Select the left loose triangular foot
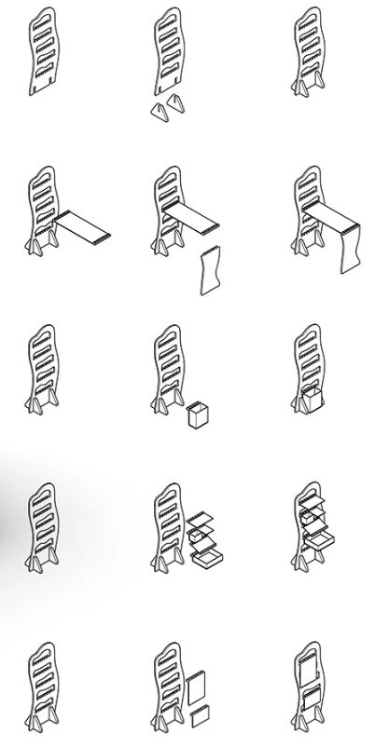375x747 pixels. pyautogui.click(x=159, y=111)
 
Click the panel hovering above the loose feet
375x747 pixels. pyautogui.click(x=168, y=51)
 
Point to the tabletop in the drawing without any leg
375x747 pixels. pyautogui.click(x=82, y=226)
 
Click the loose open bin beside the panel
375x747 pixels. pyautogui.click(x=197, y=414)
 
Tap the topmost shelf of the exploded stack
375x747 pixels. pyautogui.click(x=202, y=519)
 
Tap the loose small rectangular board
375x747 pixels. pyautogui.click(x=199, y=718)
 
